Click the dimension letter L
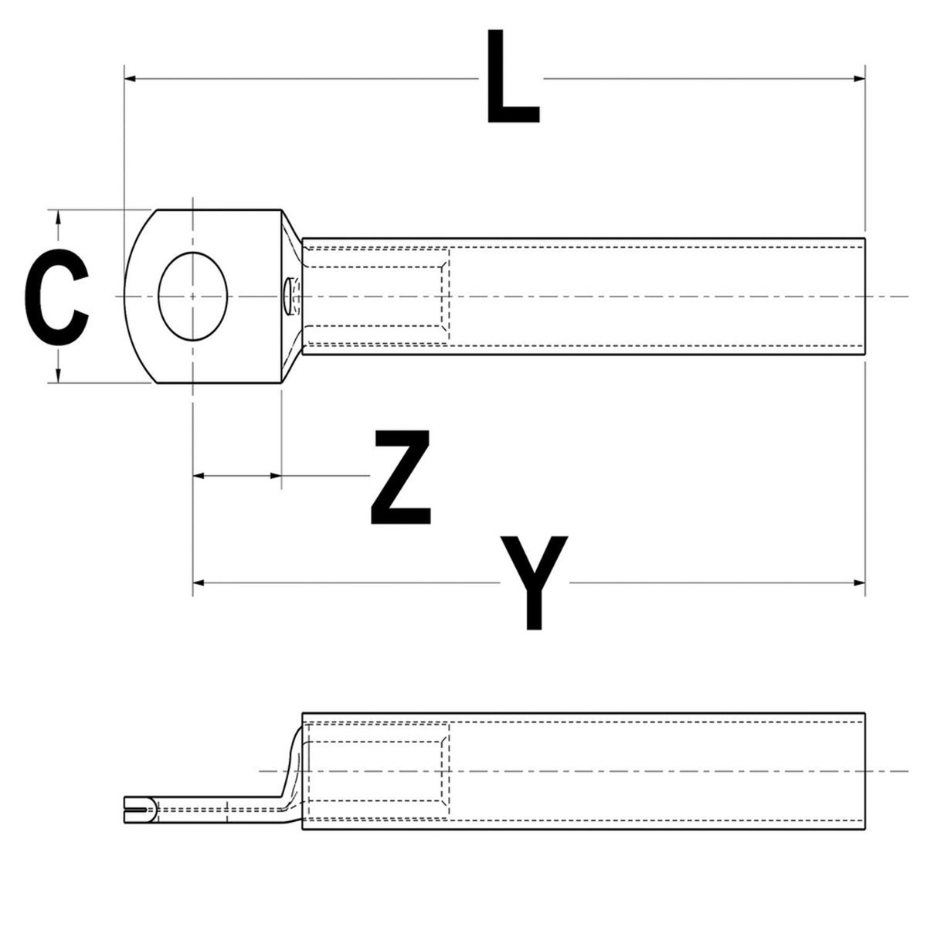coord(511,79)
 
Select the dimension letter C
coord(56,296)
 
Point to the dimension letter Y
coord(534,581)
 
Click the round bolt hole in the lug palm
coord(193,296)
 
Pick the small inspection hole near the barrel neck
coord(287,296)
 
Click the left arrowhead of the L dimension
coord(130,78)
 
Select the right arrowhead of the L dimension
coord(859,78)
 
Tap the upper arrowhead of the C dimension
coord(59,216)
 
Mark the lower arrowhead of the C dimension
coord(59,376)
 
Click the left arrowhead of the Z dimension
coord(199,476)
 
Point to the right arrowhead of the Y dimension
coord(859,582)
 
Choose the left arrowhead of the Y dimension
coord(199,582)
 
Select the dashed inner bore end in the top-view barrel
coord(447,296)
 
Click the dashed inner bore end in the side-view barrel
coord(447,771)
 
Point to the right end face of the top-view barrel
coord(864,296)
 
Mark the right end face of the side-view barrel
coord(864,771)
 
